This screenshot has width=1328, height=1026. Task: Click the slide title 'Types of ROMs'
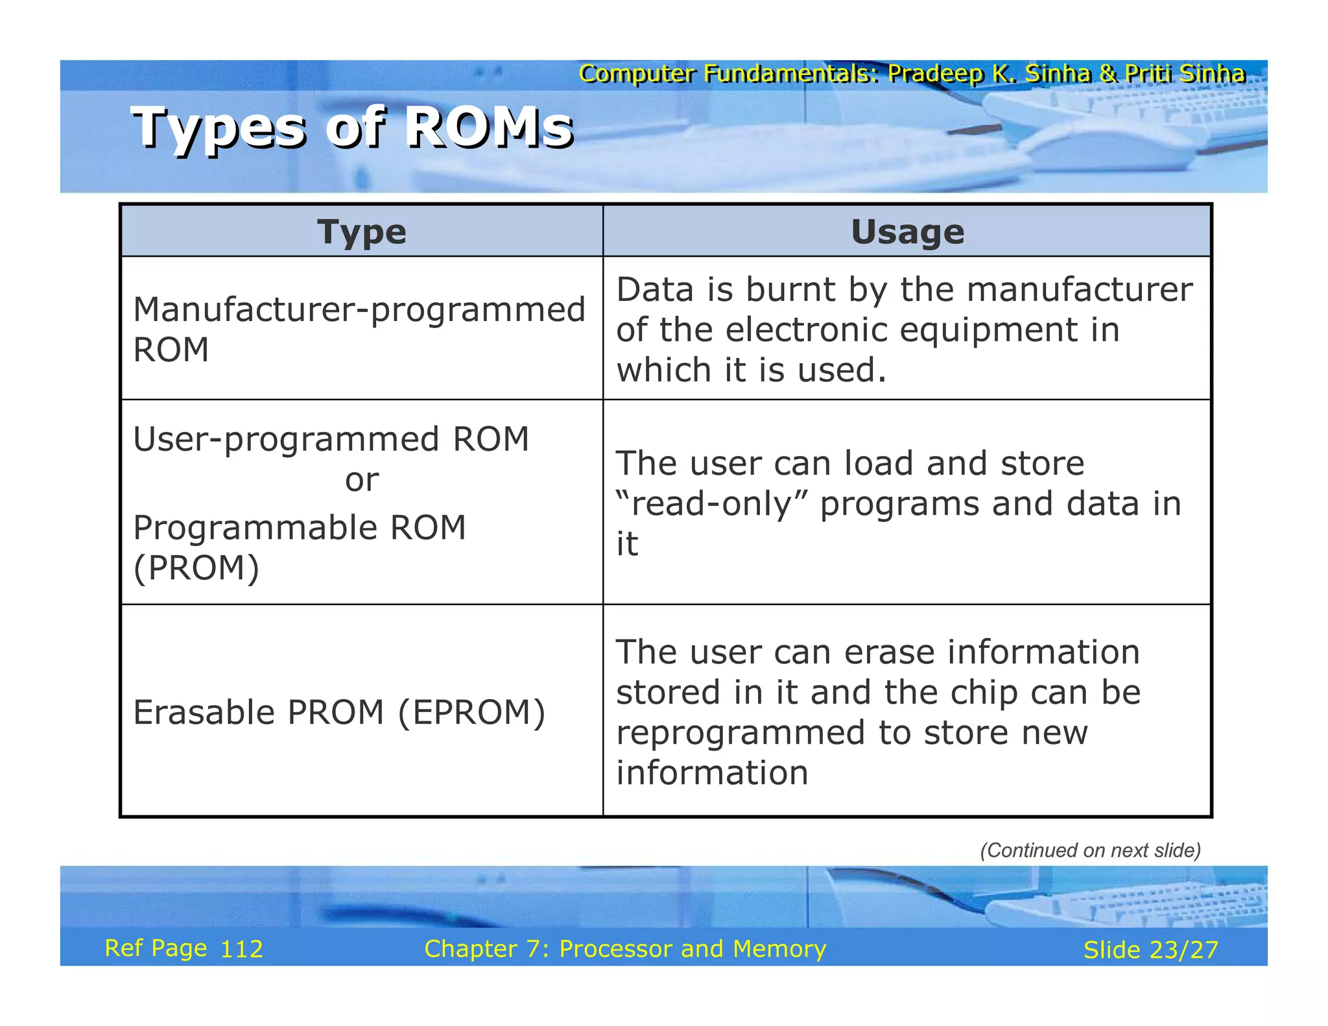(352, 128)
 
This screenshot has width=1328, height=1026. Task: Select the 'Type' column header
(362, 232)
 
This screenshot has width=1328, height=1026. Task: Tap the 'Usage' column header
(907, 232)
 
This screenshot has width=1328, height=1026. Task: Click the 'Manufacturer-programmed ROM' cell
(359, 329)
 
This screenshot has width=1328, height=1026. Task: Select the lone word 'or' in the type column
(362, 481)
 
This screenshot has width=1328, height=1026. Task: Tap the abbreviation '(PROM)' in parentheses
(196, 569)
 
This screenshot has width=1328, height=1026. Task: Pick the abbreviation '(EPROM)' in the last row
(471, 713)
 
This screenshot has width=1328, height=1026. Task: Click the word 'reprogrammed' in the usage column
(741, 734)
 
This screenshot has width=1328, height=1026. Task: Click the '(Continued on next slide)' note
(1090, 850)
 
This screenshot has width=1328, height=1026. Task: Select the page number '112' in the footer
(242, 949)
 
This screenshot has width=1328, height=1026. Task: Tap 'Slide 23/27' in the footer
(1150, 950)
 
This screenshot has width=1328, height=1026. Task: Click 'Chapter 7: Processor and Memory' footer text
(625, 949)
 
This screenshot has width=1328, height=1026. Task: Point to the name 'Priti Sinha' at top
(1185, 74)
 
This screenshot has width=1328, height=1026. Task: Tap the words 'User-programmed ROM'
(331, 440)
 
